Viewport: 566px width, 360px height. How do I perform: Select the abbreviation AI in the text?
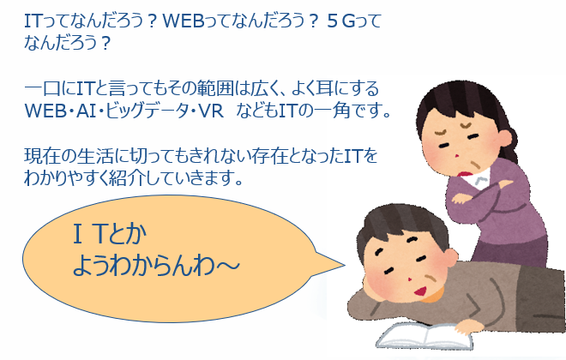coord(86,111)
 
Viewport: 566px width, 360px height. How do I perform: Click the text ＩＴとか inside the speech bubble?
coord(110,235)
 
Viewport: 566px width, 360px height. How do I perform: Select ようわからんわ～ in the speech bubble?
coord(156,266)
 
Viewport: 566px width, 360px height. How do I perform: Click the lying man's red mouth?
coord(420,290)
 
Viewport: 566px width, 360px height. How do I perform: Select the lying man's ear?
coord(450,257)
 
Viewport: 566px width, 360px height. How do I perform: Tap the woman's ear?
coord(504,138)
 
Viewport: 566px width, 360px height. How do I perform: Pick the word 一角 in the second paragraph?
coord(332,111)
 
